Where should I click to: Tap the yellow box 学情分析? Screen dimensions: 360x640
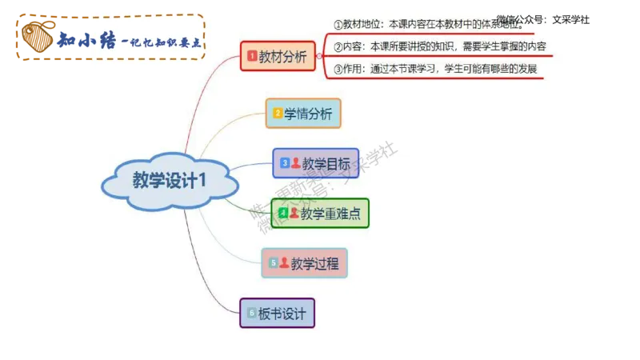click(x=303, y=113)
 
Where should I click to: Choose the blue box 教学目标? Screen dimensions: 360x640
click(x=315, y=163)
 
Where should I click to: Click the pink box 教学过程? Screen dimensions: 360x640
click(x=305, y=262)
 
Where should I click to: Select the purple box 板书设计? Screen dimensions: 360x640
click(x=277, y=313)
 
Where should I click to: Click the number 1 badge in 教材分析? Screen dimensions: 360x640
click(x=252, y=56)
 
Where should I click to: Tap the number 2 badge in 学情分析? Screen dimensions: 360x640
click(x=278, y=114)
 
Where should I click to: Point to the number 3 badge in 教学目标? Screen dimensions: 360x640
click(x=284, y=163)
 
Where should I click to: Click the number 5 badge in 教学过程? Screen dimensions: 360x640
click(x=273, y=262)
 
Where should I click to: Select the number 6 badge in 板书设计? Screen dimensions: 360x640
click(x=251, y=313)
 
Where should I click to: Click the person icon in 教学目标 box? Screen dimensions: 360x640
click(x=295, y=163)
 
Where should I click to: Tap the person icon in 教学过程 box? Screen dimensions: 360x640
click(x=284, y=262)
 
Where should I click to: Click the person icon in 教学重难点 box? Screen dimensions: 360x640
click(x=294, y=214)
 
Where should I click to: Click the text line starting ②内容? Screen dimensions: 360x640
click(x=440, y=47)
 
